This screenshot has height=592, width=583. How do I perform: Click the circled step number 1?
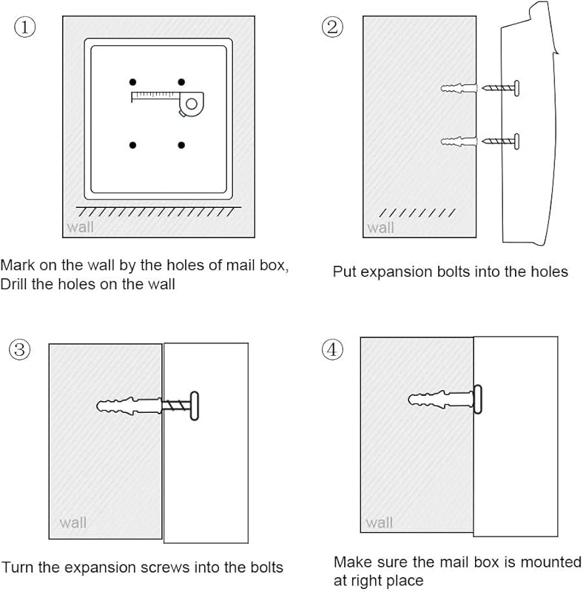pyautogui.click(x=25, y=27)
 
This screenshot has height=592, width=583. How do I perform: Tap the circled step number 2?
pyautogui.click(x=332, y=27)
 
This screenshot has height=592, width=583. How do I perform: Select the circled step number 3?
pyautogui.click(x=20, y=349)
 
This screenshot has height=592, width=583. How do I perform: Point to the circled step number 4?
pyautogui.click(x=332, y=349)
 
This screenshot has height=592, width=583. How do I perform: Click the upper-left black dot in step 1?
pyautogui.click(x=132, y=82)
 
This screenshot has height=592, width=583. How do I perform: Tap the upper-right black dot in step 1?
pyautogui.click(x=181, y=82)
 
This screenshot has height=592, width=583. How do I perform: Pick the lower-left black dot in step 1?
pyautogui.click(x=132, y=145)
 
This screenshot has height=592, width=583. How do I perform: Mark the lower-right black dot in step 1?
pyautogui.click(x=181, y=145)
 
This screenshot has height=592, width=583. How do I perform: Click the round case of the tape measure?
pyautogui.click(x=192, y=104)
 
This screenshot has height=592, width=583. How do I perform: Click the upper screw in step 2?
pyautogui.click(x=501, y=88)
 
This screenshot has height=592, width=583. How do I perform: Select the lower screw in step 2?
pyautogui.click(x=501, y=141)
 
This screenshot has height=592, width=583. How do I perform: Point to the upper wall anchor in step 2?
pyautogui.click(x=459, y=88)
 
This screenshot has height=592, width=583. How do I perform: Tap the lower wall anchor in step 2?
pyautogui.click(x=459, y=141)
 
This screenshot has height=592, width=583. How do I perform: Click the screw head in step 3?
pyautogui.click(x=195, y=406)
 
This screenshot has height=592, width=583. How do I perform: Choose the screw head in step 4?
pyautogui.click(x=478, y=400)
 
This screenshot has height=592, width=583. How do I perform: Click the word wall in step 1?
pyautogui.click(x=80, y=227)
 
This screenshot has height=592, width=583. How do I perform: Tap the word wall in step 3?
pyautogui.click(x=73, y=522)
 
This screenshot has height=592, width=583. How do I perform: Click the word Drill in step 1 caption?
pyautogui.click(x=13, y=284)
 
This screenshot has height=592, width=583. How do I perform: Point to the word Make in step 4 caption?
pyautogui.click(x=353, y=562)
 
